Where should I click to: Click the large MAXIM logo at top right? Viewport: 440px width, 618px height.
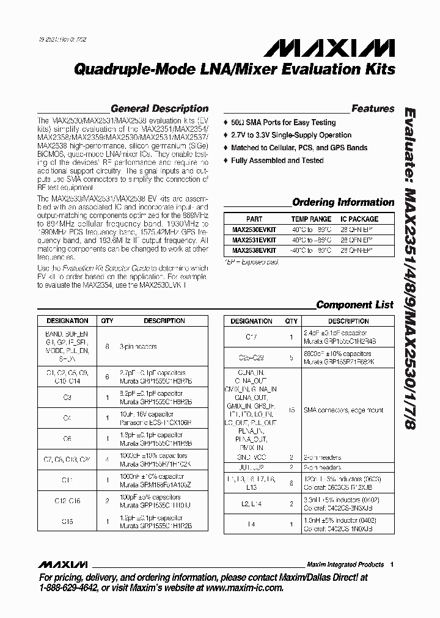tap(333, 48)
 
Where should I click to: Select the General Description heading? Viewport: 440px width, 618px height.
tap(159, 109)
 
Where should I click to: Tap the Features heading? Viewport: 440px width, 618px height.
tap(373, 109)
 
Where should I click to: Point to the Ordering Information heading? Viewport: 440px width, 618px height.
tap(343, 202)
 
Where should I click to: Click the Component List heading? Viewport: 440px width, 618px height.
tap(354, 304)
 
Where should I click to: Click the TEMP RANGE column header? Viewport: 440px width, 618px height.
tap(311, 219)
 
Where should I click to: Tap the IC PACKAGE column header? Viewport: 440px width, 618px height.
tap(359, 219)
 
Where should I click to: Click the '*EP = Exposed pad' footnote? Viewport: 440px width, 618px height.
tap(251, 262)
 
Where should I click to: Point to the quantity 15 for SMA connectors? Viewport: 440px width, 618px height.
tap(291, 410)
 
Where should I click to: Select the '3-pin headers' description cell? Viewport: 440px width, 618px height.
tap(139, 346)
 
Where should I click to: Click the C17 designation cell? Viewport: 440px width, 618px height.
tap(251, 336)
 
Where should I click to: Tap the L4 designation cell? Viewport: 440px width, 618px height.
tap(251, 525)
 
